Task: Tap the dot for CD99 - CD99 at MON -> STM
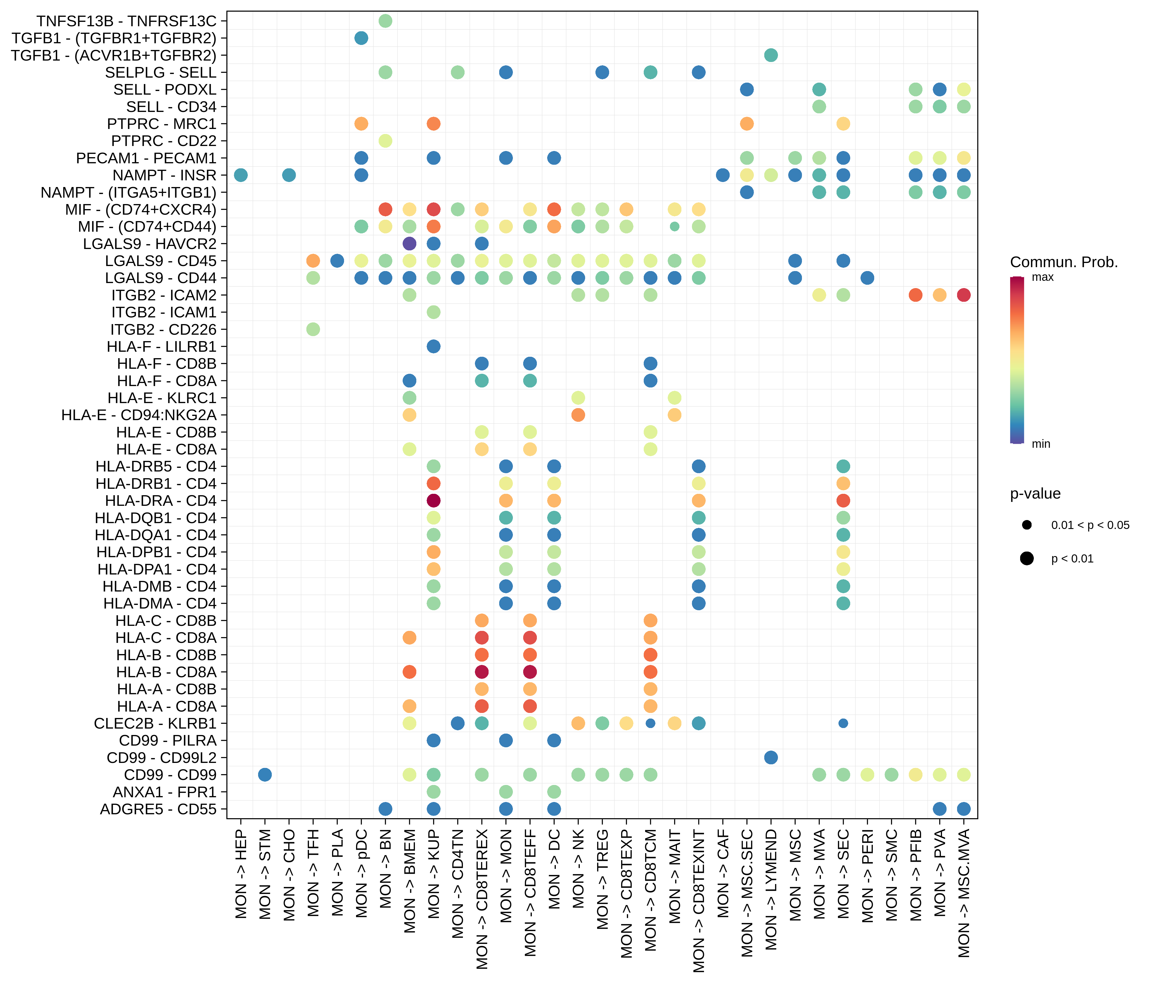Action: coord(265,775)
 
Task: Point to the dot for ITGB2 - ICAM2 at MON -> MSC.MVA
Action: coord(964,295)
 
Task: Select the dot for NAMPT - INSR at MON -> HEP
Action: coord(241,175)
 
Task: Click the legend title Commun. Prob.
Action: coord(1063,262)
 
